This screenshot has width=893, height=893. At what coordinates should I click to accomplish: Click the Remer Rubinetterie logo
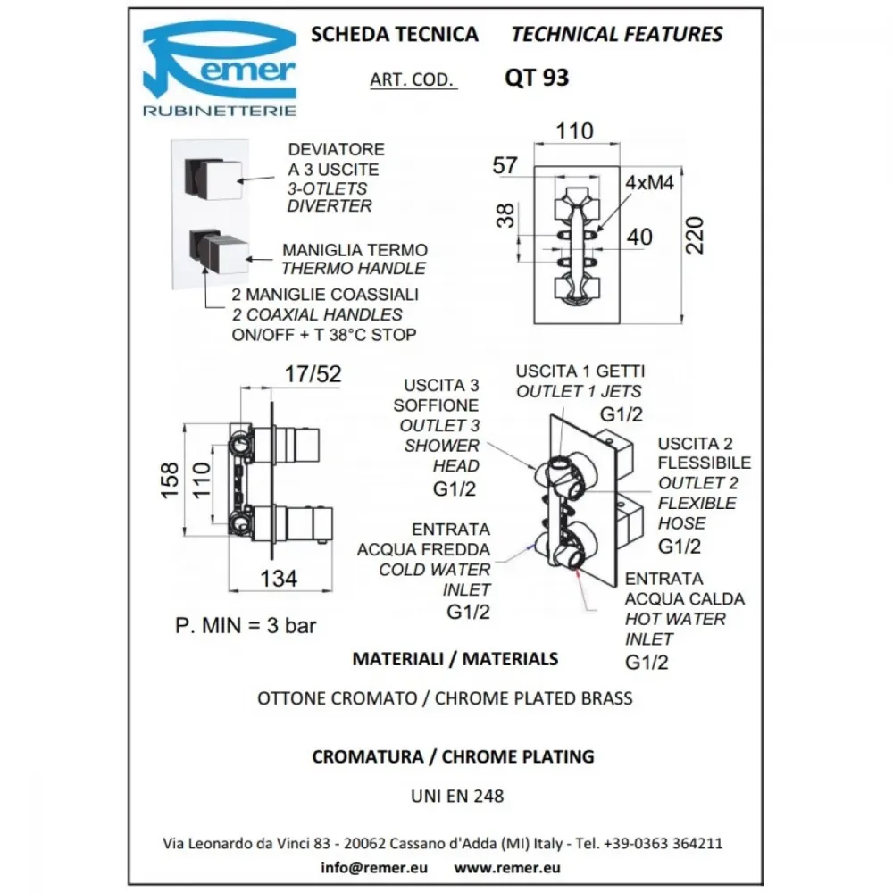220,69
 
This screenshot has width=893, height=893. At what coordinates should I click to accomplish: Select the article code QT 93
537,78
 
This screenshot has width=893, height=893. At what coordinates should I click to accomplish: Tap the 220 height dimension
695,235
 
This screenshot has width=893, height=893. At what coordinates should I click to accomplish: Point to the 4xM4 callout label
649,183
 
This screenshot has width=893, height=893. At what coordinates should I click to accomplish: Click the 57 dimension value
505,165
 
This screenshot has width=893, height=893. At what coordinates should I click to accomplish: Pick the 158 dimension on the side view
170,480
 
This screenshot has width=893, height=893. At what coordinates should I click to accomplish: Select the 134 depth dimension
279,579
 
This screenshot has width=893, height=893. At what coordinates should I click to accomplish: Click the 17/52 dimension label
313,374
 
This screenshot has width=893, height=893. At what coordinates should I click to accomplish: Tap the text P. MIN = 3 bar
246,625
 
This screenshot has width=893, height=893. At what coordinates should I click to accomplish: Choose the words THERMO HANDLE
354,268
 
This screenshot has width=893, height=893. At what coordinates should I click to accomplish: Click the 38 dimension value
505,216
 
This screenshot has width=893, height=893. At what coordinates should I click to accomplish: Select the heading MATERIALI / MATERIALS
455,659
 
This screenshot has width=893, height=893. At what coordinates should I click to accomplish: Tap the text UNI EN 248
457,796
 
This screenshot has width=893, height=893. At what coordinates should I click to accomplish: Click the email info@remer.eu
373,867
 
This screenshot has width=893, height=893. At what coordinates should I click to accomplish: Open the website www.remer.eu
507,867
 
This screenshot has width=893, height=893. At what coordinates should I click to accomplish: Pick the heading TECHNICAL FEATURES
617,34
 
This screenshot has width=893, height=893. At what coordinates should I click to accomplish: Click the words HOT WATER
675,619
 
